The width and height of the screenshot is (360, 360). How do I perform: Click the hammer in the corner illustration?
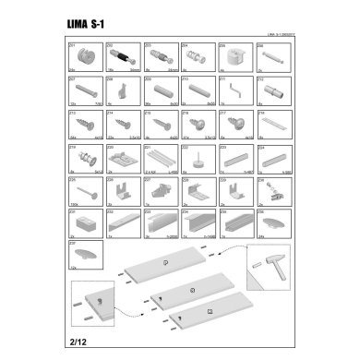(273, 277)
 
